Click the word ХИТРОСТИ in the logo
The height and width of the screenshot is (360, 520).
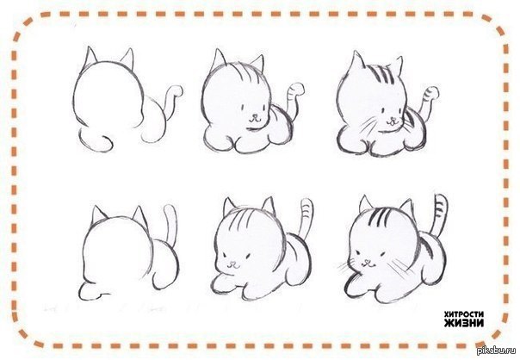pos(464,313)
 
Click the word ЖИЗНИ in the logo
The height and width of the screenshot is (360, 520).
pos(464,322)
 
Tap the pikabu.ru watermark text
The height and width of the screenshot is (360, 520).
pos(496,351)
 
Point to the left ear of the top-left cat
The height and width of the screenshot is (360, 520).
pos(90,56)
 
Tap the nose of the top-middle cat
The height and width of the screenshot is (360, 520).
pos(254,117)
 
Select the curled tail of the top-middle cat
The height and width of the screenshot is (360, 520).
pos(294,98)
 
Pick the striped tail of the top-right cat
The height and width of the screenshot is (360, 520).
pos(429,100)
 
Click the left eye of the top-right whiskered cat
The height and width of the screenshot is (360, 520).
pos(382,110)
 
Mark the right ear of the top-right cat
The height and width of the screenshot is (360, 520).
pos(397,65)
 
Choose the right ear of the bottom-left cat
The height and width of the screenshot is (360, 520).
pos(140,216)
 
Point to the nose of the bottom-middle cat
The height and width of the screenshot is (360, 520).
pos(233,264)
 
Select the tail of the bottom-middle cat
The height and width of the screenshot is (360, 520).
pos(306,217)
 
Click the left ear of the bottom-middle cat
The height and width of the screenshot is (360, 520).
pos(229,207)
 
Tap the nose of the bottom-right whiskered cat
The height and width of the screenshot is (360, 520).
pos(367,262)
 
